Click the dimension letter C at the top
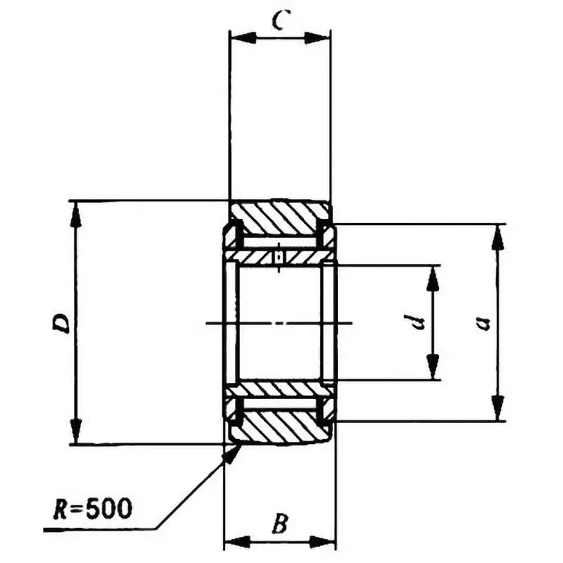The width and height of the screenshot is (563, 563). pyautogui.click(x=279, y=22)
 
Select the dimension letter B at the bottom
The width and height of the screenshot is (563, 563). pyautogui.click(x=279, y=524)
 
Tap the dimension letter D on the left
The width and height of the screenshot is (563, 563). pyautogui.click(x=62, y=323)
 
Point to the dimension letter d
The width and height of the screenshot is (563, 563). pyautogui.click(x=417, y=323)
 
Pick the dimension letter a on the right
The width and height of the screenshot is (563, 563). pyautogui.click(x=482, y=323)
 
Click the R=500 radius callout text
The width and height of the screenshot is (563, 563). pyautogui.click(x=91, y=508)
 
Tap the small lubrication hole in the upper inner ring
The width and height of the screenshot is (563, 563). pyautogui.click(x=280, y=257)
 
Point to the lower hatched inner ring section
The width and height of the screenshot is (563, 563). pyautogui.click(x=279, y=388)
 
